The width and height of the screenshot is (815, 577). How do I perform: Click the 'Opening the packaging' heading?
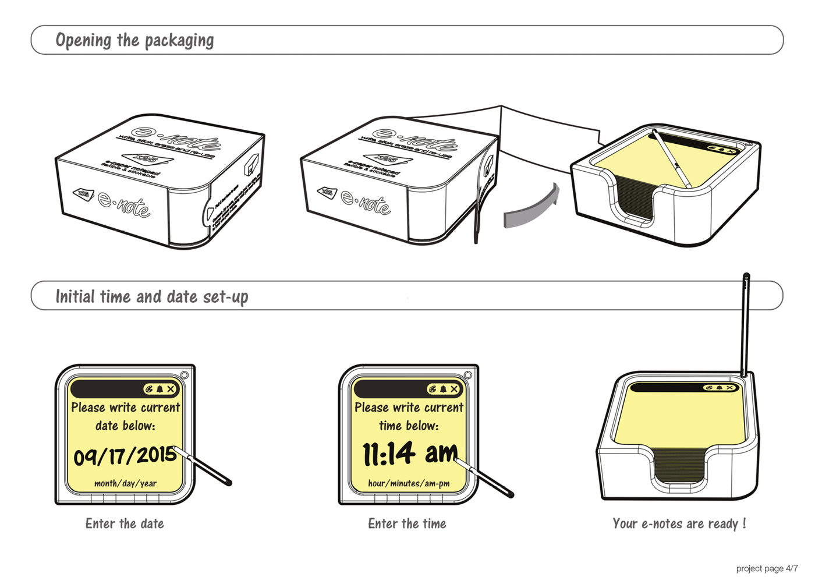[134, 40]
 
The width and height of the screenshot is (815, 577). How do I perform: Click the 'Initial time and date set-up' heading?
[151, 296]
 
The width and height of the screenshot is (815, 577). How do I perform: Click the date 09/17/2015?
[124, 455]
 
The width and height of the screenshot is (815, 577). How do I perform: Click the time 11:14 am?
[409, 453]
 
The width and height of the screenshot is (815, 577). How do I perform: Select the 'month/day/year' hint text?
[125, 483]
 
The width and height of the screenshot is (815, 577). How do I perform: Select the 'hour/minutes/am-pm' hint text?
[409, 483]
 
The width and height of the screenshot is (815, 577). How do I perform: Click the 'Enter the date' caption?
[125, 523]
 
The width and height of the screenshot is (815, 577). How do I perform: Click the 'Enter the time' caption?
[407, 523]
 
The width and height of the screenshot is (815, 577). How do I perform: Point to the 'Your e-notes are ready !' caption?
[679, 523]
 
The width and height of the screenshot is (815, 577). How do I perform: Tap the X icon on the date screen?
[171, 389]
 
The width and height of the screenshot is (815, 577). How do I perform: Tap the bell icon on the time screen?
[443, 389]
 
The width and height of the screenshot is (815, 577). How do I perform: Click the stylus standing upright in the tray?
[745, 326]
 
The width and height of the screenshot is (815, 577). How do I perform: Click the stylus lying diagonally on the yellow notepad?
[672, 158]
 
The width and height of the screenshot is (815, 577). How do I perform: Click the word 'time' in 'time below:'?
[390, 426]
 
